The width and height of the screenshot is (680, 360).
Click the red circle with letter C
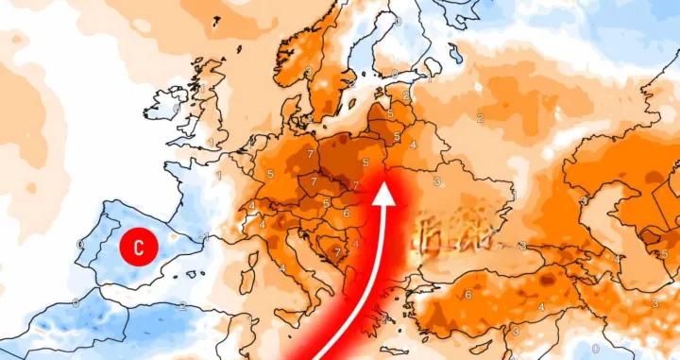click(139, 249)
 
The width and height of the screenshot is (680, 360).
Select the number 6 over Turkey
click(468, 296)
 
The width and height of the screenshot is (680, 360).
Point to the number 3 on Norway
click(309, 72)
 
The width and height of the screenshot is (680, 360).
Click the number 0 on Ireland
click(177, 108)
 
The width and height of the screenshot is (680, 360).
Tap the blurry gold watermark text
click(457, 231)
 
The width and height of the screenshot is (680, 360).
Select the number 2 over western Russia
click(480, 119)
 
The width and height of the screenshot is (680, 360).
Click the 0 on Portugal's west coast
click(80, 245)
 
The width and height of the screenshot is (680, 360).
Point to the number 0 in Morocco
click(76, 303)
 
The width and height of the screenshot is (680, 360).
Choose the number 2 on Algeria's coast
click(181, 306)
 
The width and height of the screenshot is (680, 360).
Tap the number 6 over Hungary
click(346, 214)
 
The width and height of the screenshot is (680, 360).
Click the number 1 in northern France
click(218, 176)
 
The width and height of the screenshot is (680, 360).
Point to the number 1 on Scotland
click(201, 88)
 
